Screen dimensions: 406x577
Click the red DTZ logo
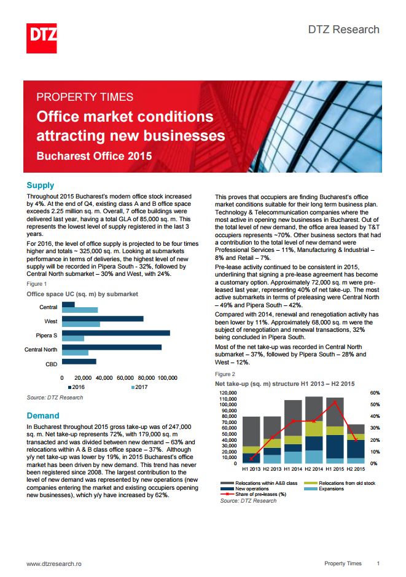(42, 38)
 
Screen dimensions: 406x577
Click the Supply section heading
(41, 185)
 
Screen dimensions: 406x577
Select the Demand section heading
(42, 415)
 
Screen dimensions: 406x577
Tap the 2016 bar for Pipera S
(116, 332)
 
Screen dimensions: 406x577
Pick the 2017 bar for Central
(80, 310)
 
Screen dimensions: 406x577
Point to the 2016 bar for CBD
(79, 361)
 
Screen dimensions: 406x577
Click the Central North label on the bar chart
(41, 350)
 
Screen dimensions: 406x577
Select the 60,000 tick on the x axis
(125, 378)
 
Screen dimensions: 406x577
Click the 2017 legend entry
(139, 387)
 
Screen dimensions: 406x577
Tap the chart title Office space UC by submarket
(82, 294)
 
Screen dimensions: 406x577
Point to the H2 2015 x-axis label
(356, 469)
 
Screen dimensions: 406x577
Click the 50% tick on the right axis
(375, 404)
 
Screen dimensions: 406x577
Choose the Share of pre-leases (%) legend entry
(254, 494)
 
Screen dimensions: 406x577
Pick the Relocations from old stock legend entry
(340, 483)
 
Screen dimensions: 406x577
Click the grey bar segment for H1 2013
(251, 431)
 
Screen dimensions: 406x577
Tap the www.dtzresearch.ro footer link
(54, 563)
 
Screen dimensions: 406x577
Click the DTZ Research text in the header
(344, 29)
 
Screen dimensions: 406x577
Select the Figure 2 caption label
(225, 374)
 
